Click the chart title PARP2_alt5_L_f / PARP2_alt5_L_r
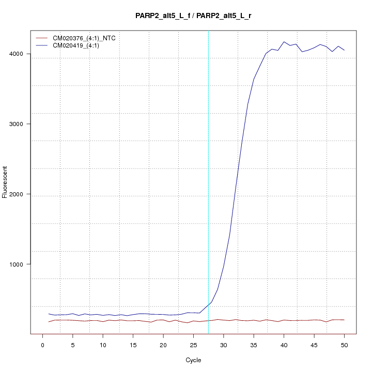tap(193, 16)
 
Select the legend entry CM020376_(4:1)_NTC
tap(84, 38)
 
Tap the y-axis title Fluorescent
tap(5, 182)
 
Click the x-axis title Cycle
tap(193, 360)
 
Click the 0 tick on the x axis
tap(43, 345)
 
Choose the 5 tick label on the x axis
tap(73, 345)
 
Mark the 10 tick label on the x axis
tap(103, 345)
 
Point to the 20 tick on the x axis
tap(163, 345)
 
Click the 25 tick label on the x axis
tap(193, 345)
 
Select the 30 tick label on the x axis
tap(224, 345)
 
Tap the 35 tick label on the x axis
tap(254, 345)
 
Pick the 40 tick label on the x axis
tap(284, 345)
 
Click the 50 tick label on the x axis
tap(344, 345)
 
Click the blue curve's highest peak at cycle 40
tap(284, 42)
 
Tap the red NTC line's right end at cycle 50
tap(344, 320)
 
